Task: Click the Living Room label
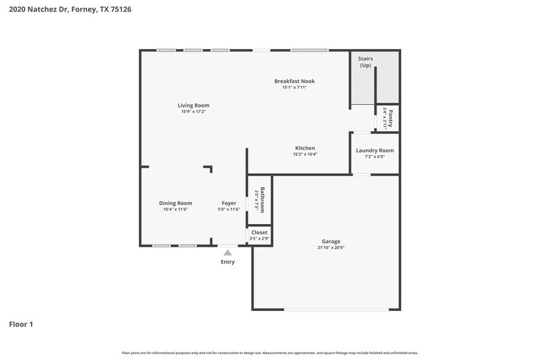[193, 106]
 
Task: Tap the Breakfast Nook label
[294, 81]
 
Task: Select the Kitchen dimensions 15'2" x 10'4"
[305, 154]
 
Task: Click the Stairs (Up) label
[366, 62]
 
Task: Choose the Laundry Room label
[375, 150]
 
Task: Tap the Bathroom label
[262, 200]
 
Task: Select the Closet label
[259, 233]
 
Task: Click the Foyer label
[229, 203]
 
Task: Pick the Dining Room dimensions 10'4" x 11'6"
[175, 209]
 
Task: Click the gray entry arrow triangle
[228, 252]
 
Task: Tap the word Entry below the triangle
[228, 262]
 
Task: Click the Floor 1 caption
[21, 324]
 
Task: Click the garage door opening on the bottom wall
[336, 309]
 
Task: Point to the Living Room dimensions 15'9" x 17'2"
[193, 112]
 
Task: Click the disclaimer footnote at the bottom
[270, 353]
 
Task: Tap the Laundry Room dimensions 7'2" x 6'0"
[375, 157]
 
